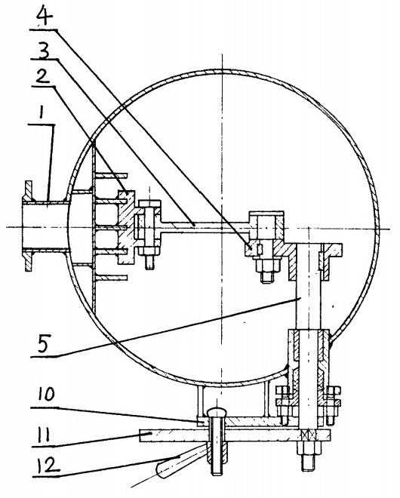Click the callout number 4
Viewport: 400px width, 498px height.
45,16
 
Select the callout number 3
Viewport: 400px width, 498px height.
44,51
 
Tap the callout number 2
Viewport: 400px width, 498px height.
42,76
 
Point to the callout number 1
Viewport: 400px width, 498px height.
41,115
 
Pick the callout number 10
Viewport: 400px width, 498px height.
46,395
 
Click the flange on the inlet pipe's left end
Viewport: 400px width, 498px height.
28,226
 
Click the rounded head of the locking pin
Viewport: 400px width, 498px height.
217,413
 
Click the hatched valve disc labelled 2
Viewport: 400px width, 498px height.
127,227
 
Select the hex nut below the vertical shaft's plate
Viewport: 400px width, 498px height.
309,447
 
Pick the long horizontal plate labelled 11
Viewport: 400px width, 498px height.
235,435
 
